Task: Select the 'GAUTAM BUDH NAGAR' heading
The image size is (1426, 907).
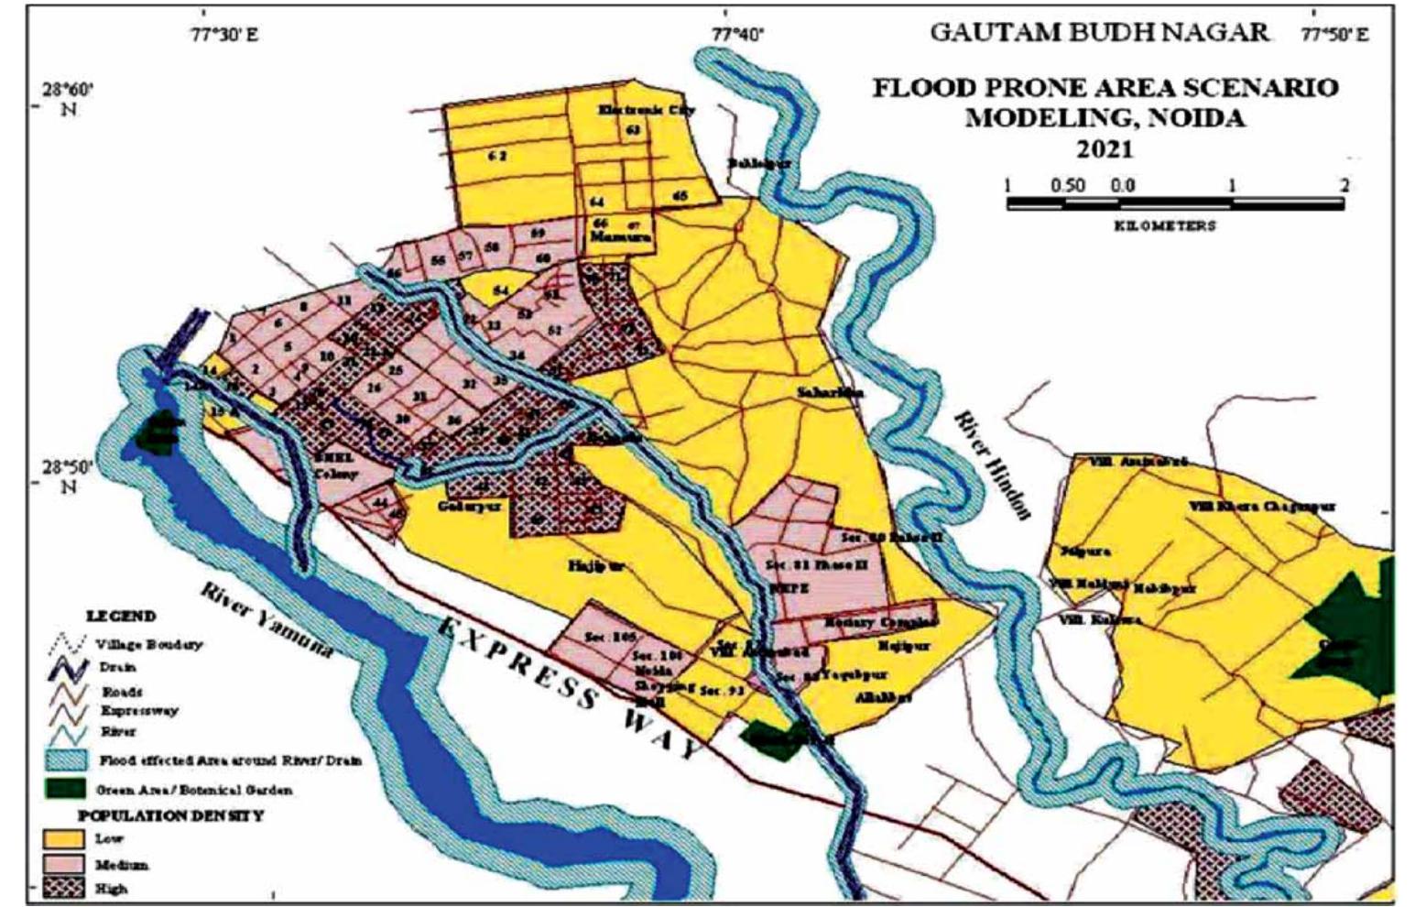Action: point(1099,33)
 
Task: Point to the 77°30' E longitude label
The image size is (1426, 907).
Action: point(225,35)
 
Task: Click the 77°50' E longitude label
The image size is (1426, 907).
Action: point(1335,35)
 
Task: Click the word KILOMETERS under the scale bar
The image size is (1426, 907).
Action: point(1165,225)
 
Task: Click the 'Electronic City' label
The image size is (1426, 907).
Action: point(647,109)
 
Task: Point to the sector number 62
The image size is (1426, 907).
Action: point(497,156)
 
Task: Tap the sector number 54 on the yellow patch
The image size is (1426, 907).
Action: point(500,290)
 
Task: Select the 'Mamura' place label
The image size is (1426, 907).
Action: point(620,236)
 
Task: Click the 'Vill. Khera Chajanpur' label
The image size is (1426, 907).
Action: point(1261,506)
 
